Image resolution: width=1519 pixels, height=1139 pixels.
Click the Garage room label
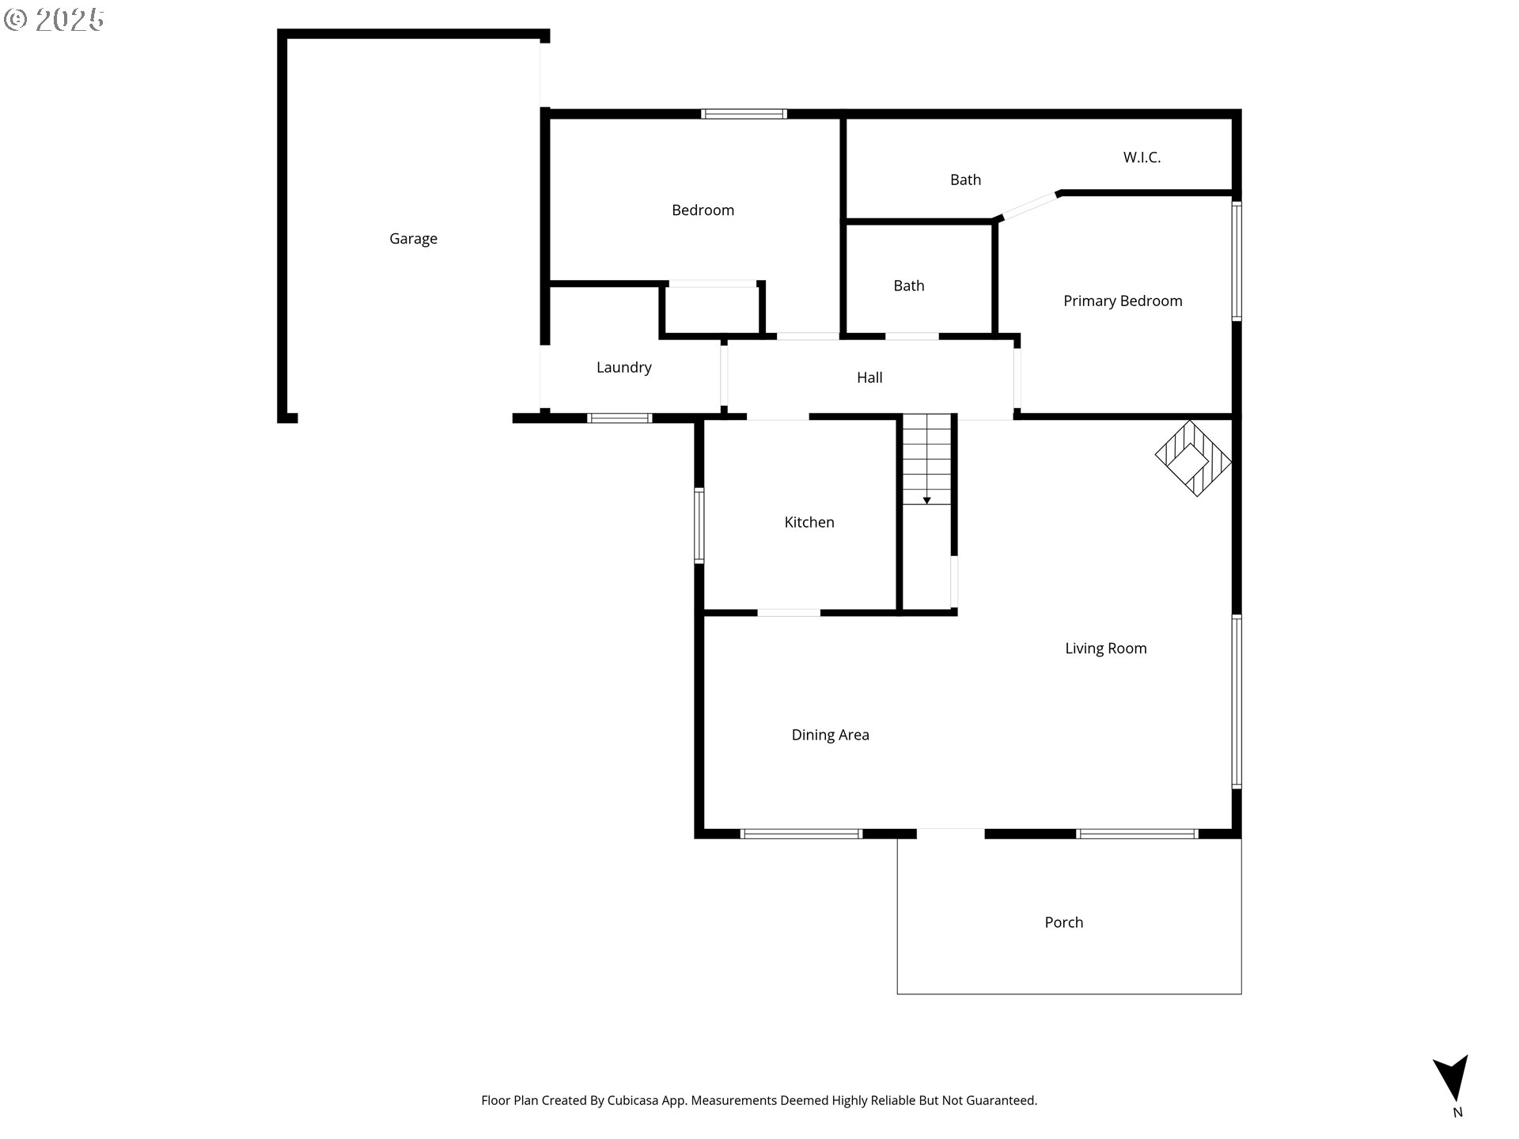click(413, 239)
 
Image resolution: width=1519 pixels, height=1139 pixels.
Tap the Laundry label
click(623, 368)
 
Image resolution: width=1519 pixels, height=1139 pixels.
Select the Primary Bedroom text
click(1123, 301)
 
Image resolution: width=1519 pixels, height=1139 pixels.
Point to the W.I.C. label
click(1142, 157)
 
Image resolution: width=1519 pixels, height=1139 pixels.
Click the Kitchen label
click(809, 522)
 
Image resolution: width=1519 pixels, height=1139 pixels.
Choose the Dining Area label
click(830, 735)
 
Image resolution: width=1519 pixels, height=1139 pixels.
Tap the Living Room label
click(1105, 649)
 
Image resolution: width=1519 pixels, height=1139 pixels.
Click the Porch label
click(1063, 922)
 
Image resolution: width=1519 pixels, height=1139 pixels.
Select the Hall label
click(869, 378)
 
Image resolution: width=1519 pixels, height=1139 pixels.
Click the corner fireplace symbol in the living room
click(1193, 459)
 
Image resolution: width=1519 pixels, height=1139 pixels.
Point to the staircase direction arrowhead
click(926, 501)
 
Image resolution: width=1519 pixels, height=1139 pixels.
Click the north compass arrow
click(1453, 1077)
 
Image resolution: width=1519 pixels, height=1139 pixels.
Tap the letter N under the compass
click(1457, 1113)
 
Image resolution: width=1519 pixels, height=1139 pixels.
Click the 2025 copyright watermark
click(54, 20)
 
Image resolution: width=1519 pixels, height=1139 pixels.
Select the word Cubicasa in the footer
click(632, 1100)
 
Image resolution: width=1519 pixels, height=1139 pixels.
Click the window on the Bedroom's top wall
click(744, 114)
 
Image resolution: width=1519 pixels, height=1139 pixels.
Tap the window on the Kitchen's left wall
click(699, 525)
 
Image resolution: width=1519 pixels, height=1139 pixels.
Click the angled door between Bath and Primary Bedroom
click(1028, 206)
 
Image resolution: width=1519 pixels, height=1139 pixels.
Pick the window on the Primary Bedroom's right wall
click(1237, 260)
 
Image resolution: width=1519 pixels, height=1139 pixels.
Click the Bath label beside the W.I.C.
click(965, 180)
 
